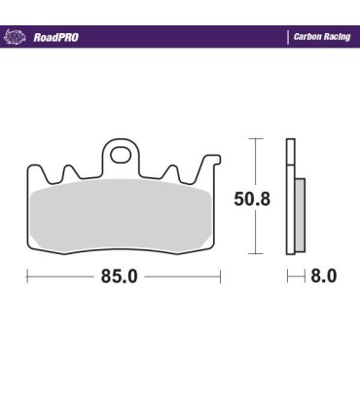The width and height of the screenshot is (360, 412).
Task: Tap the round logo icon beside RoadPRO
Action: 17,37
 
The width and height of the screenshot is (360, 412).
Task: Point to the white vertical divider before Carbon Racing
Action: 288,37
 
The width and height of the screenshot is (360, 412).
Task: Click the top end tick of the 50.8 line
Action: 256,139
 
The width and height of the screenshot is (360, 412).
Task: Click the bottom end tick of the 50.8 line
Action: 256,253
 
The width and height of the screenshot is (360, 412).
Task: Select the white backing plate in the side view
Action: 290,195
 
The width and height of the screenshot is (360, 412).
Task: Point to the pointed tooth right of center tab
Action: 172,170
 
